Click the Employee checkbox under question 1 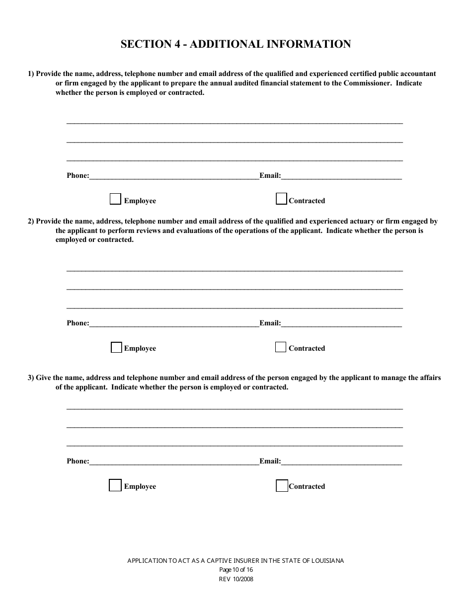(115, 199)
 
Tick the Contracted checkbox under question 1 (281, 199)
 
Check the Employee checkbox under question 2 (116, 347)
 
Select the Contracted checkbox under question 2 (281, 347)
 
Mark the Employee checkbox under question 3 (115, 485)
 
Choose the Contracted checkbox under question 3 (282, 485)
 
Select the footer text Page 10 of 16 (236, 570)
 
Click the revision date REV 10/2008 (236, 579)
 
